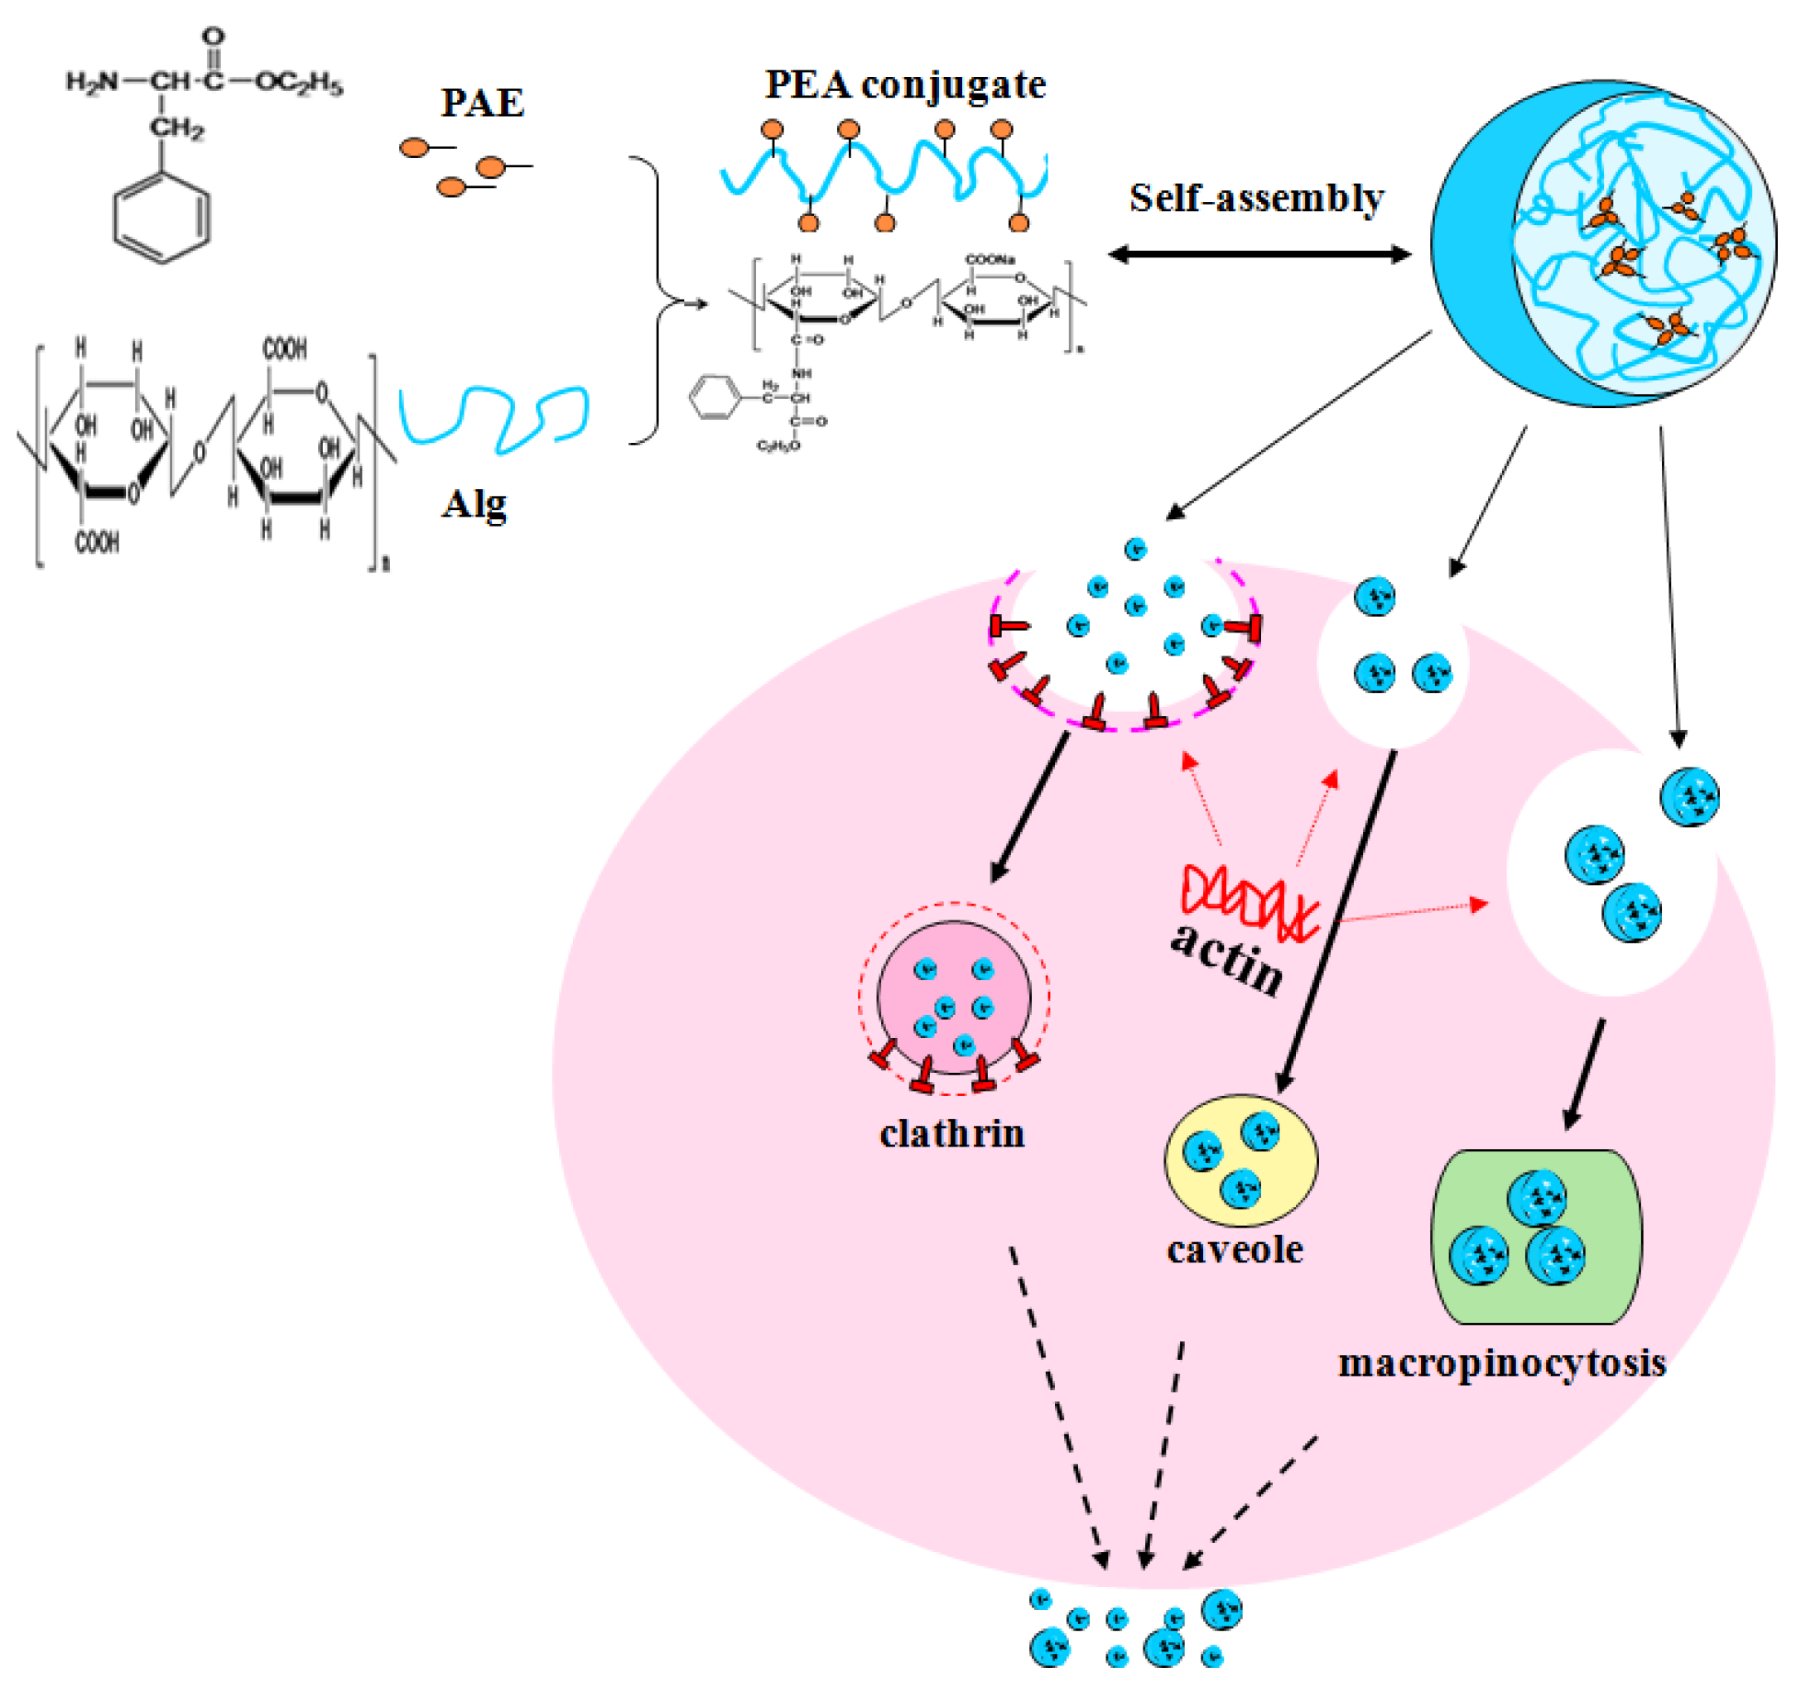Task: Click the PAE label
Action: (x=482, y=103)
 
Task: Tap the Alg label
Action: (x=474, y=503)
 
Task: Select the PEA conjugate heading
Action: (x=905, y=84)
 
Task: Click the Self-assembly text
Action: (x=1255, y=198)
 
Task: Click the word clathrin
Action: (x=951, y=1134)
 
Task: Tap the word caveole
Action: (x=1235, y=1250)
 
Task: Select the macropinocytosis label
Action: (x=1501, y=1363)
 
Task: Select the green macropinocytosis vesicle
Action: (x=1535, y=1237)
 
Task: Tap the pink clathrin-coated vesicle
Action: (x=953, y=998)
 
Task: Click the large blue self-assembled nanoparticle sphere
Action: (x=1603, y=243)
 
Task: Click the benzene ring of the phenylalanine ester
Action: (x=161, y=218)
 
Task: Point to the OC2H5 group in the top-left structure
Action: (x=299, y=83)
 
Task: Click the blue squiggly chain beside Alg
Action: (x=494, y=416)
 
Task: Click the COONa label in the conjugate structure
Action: (x=990, y=259)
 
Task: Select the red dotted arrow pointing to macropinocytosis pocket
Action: (x=1413, y=911)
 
